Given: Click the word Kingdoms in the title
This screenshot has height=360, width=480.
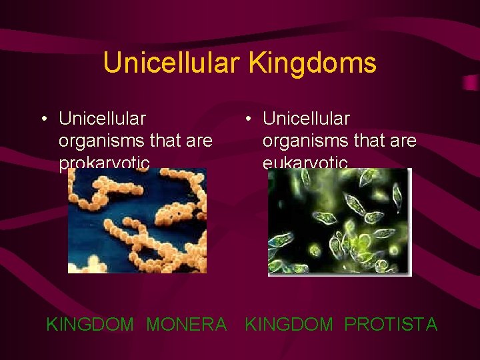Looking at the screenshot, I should coord(313,63).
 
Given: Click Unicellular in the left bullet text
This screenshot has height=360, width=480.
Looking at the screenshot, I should coord(102,119).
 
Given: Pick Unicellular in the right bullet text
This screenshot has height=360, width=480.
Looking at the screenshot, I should coord(306,119).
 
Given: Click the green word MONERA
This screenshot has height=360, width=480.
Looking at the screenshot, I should coord(186,325).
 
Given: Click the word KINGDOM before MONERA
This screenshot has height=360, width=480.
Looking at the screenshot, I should coord(90,325).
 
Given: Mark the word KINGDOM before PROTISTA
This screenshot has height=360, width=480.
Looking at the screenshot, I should coord(289,325).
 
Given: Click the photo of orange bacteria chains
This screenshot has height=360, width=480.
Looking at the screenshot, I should coord(137,220).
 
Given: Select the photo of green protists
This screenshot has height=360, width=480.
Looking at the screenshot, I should coord(339,221).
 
